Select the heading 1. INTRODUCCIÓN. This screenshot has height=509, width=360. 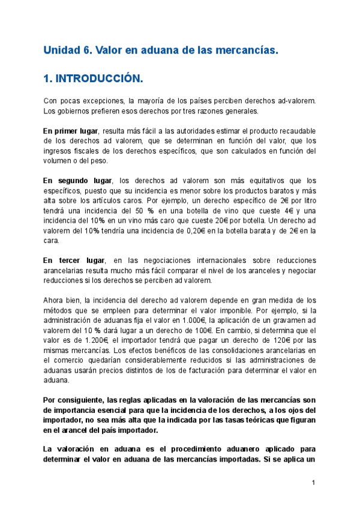[93, 79]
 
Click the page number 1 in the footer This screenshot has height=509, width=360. [313, 483]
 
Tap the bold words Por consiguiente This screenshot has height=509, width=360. [73, 400]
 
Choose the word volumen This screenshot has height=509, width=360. [58, 160]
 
